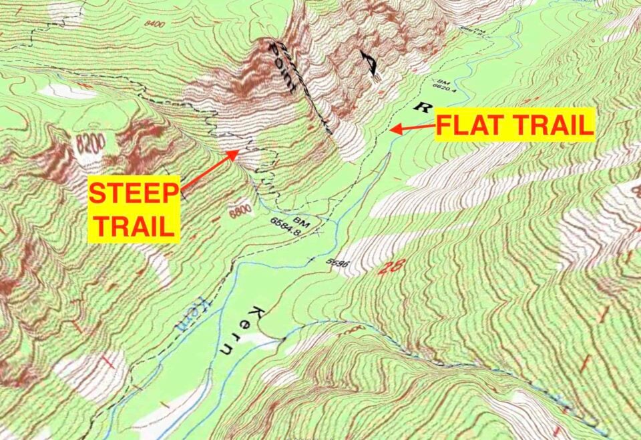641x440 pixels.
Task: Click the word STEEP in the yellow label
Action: [x=135, y=194]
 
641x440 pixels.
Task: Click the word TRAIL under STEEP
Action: [x=135, y=225]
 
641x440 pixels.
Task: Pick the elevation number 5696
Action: [x=339, y=262]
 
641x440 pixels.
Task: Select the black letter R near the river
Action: [x=419, y=107]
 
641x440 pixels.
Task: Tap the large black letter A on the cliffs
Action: [x=369, y=65]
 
